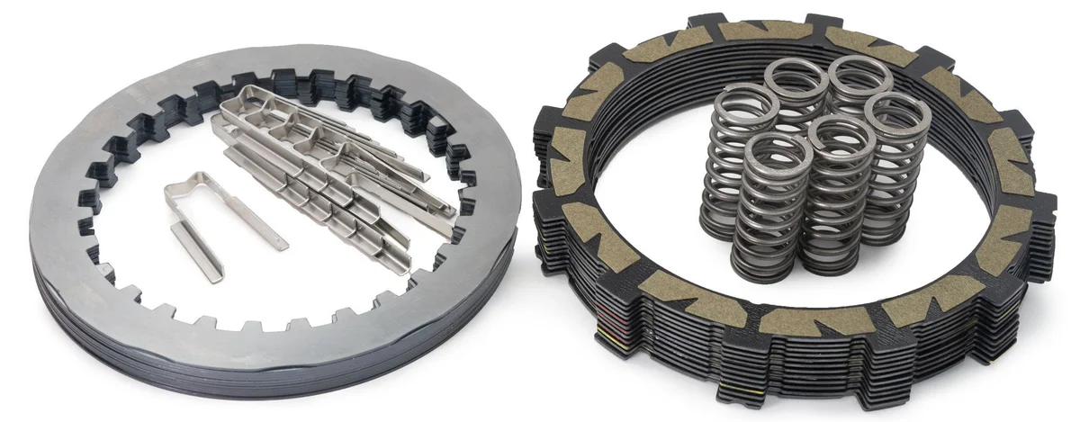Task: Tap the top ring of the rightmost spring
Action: coord(897,112)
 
